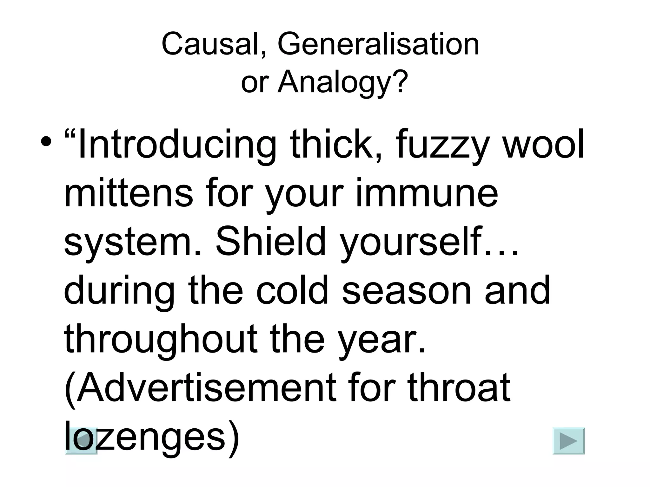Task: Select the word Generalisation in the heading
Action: click(378, 44)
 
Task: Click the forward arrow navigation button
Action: click(568, 441)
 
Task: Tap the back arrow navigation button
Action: click(81, 441)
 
